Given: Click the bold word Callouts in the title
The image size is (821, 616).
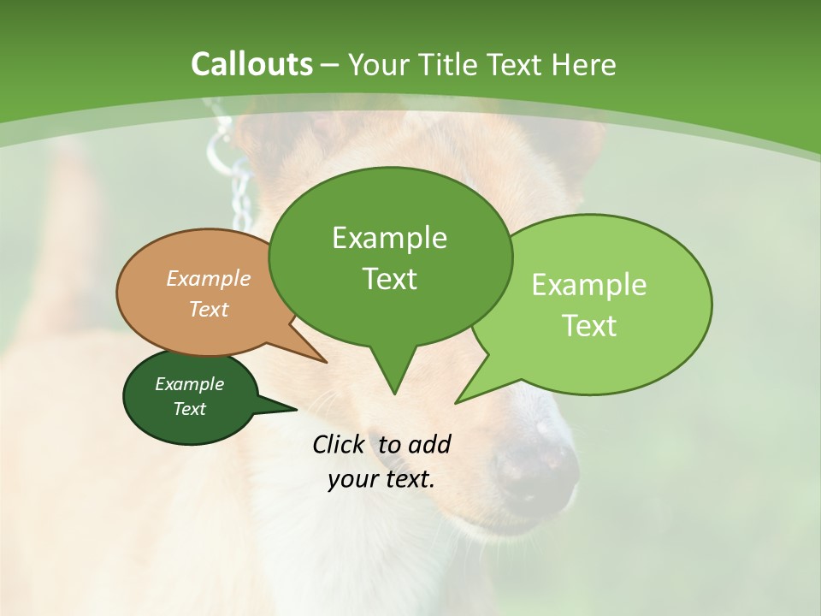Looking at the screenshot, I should click(251, 64).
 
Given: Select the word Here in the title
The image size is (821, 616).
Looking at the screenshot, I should click(585, 64).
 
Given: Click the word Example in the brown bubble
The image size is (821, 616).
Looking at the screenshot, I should click(209, 279).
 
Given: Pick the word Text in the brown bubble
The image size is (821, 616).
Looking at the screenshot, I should click(209, 309).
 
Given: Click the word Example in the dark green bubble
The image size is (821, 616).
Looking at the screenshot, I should click(189, 384).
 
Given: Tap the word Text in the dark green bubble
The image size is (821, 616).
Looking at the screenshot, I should click(189, 409).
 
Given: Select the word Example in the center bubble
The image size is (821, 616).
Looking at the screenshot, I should click(389, 238).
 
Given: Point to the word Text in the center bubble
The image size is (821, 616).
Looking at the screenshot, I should click(389, 279).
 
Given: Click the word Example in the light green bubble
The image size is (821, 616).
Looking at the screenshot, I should click(589, 285).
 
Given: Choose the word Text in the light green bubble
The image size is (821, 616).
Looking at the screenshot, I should click(589, 325).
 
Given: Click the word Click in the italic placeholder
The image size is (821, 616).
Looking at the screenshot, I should click(340, 444).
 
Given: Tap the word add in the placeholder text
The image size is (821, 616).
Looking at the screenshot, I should click(429, 444).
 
